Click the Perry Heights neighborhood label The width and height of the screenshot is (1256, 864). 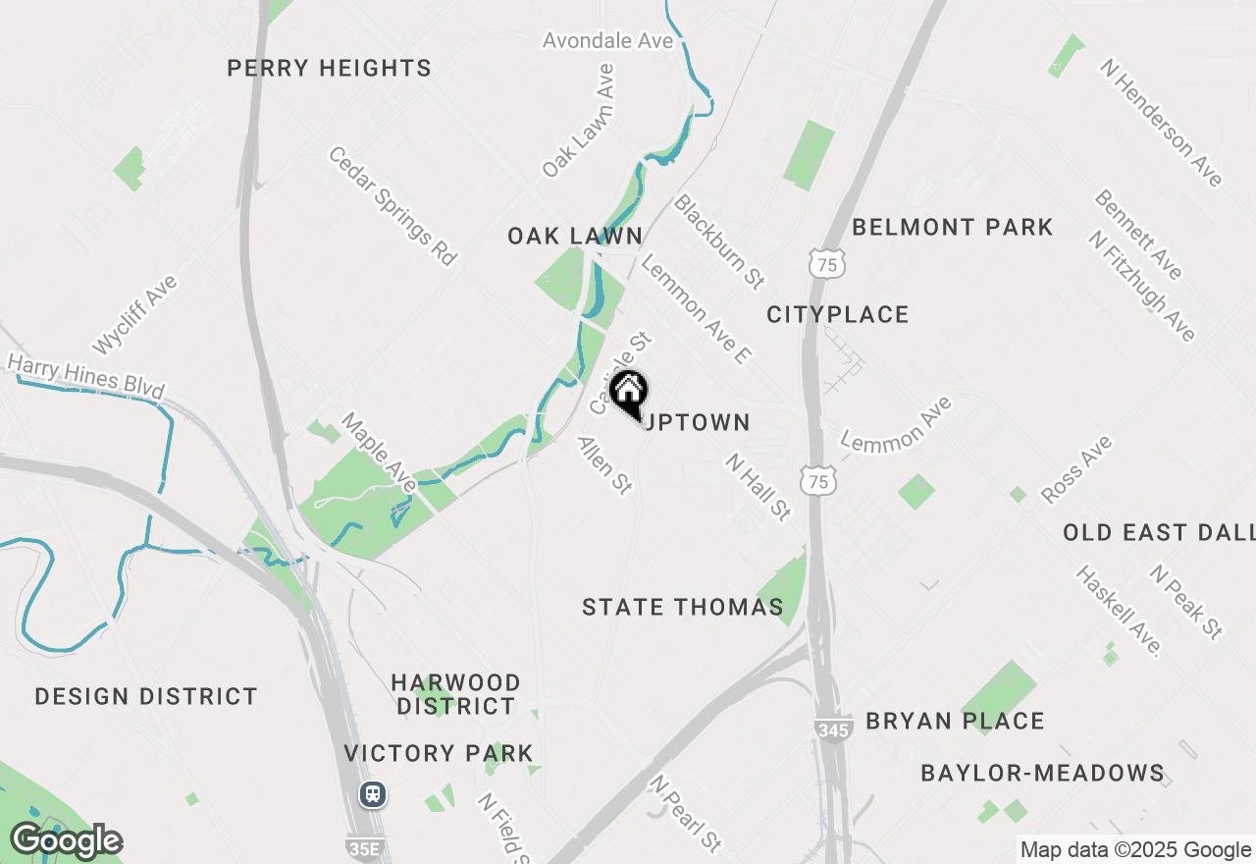point(329,69)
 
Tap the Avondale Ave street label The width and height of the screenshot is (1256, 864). point(608,41)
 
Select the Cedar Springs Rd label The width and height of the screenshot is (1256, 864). point(392,206)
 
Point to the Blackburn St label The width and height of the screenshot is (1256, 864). point(719,241)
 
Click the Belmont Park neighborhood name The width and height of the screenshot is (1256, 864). point(952,228)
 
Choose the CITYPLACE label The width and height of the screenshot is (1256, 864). point(837,315)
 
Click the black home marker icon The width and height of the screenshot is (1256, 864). point(629,394)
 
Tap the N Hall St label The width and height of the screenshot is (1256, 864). point(759,487)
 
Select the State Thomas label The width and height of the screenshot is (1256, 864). point(683,608)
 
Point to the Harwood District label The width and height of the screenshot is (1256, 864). point(455,694)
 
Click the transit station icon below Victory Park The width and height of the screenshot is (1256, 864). point(373,793)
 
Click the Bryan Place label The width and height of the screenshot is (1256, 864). point(955,722)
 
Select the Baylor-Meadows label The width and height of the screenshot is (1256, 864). point(1042,774)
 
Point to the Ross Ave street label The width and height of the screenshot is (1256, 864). point(1076,469)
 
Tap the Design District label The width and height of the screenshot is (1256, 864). point(146,697)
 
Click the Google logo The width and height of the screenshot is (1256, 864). point(66,841)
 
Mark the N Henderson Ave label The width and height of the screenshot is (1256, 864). point(1161,123)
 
